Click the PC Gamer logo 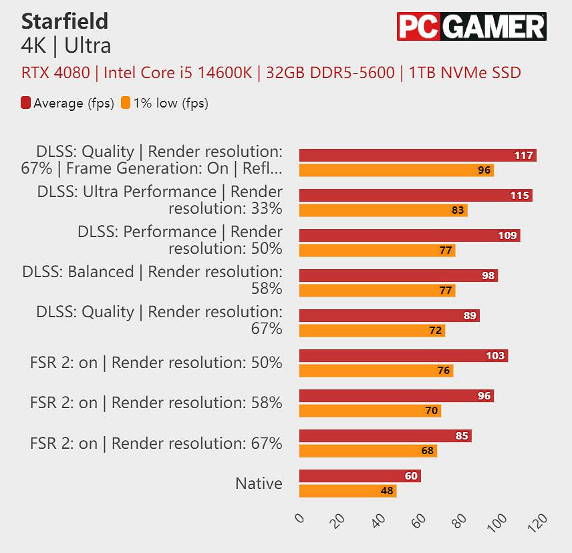tap(471, 27)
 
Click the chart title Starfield tap(64, 21)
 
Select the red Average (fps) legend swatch tap(26, 103)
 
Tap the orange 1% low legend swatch tap(126, 103)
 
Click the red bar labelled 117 tap(418, 156)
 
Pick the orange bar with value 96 tap(396, 170)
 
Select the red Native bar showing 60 tap(360, 476)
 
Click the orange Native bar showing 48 tap(347, 491)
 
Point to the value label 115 tap(519, 196)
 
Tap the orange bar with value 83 tap(383, 210)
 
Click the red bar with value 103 tap(403, 356)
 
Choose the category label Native tap(259, 483)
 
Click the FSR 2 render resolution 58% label tap(156, 403)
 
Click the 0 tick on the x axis tap(299, 519)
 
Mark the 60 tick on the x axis tap(420, 520)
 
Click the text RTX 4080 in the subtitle tap(55, 73)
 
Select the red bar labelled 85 tap(385, 436)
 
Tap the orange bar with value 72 tap(372, 331)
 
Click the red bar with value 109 tap(409, 236)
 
